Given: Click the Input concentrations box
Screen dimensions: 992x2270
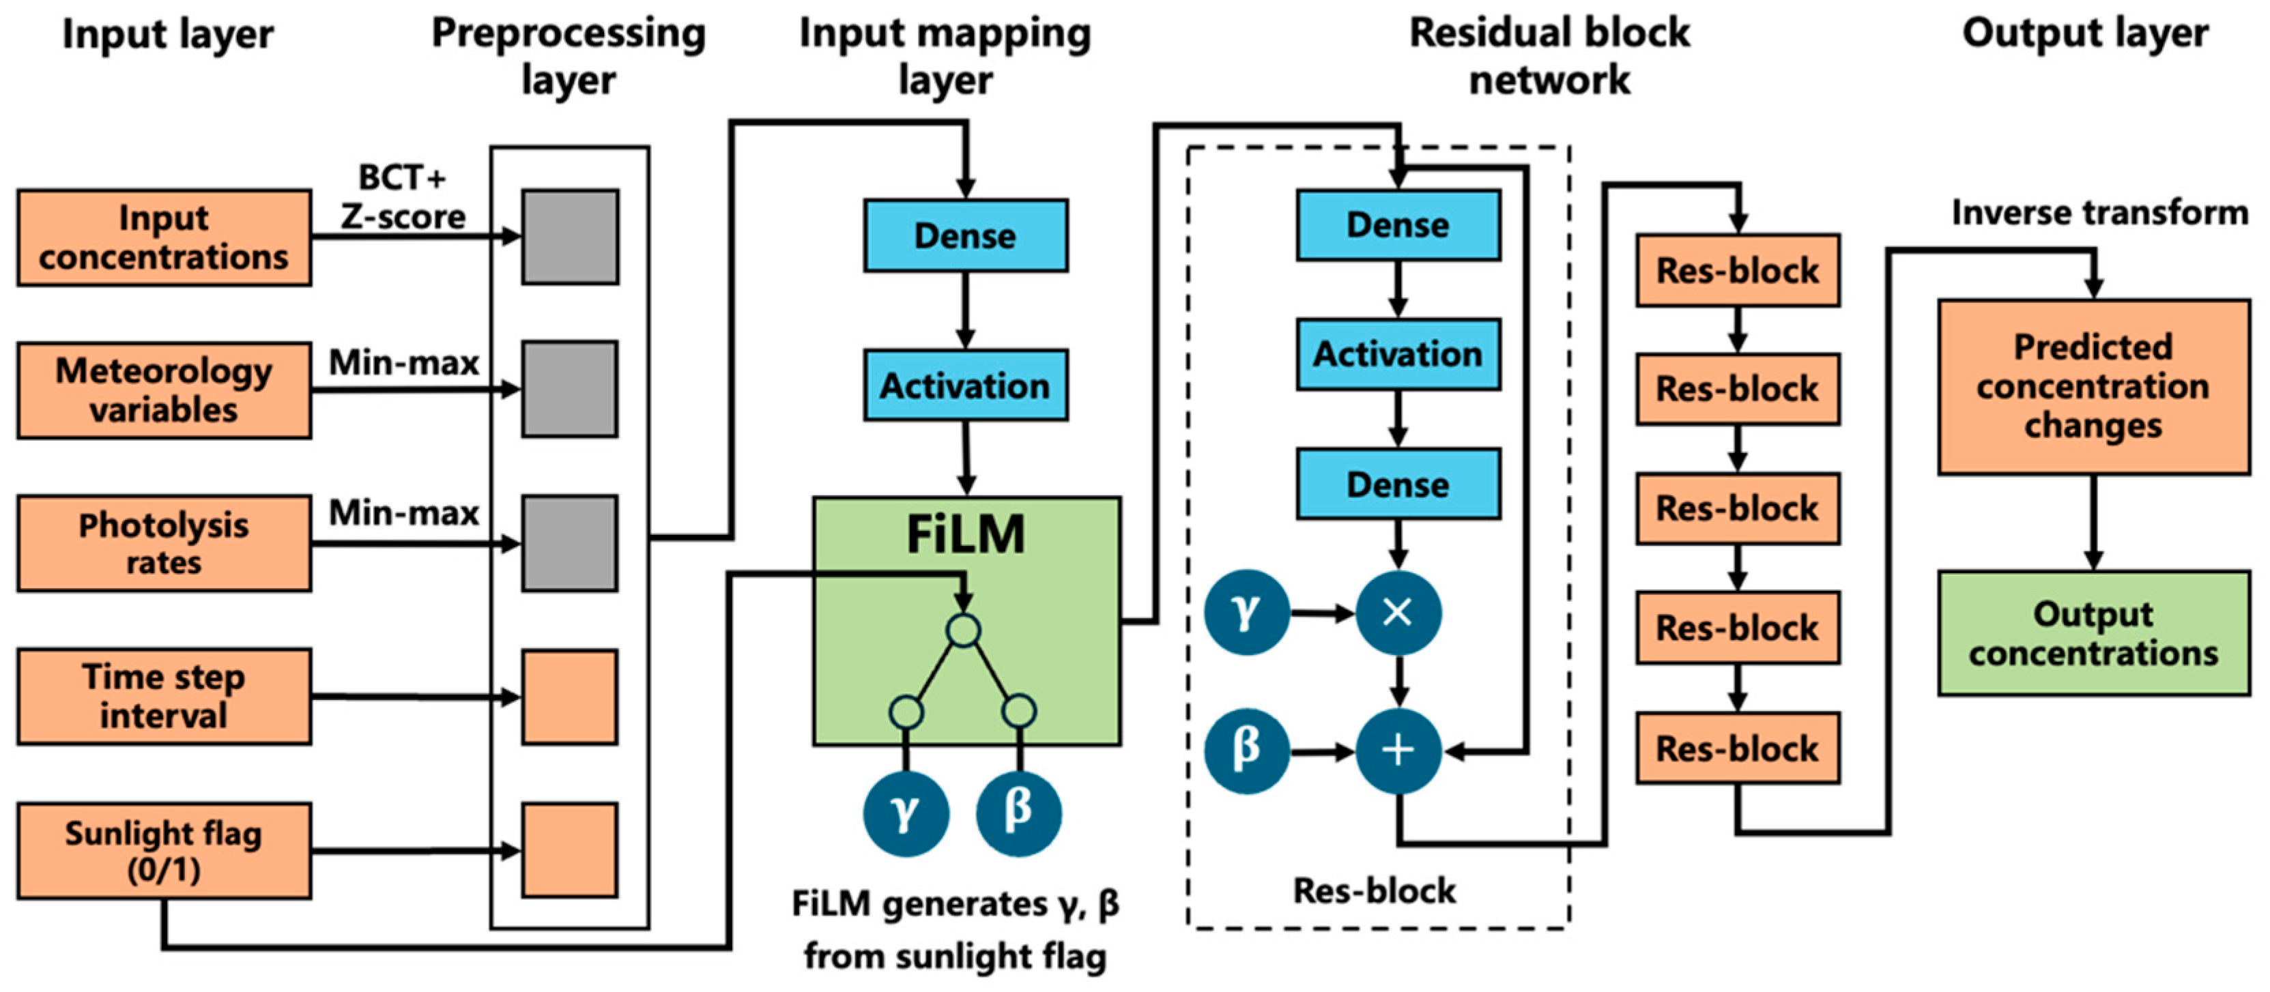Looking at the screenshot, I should (x=164, y=238).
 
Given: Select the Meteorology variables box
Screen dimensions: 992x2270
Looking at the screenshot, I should (x=164, y=390).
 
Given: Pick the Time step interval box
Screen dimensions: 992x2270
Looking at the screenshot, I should (x=164, y=696).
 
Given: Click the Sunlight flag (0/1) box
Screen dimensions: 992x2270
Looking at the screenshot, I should (x=164, y=850).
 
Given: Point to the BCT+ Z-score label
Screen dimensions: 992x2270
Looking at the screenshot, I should (x=403, y=197).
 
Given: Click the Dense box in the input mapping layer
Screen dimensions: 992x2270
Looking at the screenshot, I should (x=966, y=235).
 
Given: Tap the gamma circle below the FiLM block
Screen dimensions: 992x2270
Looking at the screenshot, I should (x=906, y=813).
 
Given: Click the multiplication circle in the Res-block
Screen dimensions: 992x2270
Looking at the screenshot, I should (x=1398, y=612).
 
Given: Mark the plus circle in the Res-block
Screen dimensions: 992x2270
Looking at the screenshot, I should (x=1398, y=750).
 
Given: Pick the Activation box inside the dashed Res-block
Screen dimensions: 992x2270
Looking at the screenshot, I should (x=1398, y=354).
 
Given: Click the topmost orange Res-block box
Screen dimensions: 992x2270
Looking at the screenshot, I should (x=1738, y=270).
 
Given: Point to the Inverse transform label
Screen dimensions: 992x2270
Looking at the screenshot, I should (x=2099, y=213).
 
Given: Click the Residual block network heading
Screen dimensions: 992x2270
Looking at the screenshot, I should (x=1549, y=55).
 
